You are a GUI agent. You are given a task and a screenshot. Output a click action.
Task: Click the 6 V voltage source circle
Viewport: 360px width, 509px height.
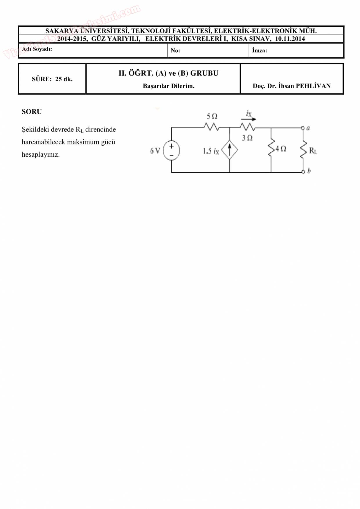(171, 151)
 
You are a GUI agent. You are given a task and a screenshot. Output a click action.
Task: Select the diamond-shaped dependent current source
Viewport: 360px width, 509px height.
(229, 150)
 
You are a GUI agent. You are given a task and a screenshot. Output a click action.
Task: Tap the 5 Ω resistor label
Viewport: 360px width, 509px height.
(212, 116)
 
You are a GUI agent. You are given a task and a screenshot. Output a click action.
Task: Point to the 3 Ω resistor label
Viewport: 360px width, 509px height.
(247, 138)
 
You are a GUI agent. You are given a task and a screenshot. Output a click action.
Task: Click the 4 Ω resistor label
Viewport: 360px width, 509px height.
(281, 149)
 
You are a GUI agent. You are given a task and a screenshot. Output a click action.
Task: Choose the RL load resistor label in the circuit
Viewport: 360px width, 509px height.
(313, 151)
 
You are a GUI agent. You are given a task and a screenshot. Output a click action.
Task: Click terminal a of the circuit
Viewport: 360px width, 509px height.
(303, 128)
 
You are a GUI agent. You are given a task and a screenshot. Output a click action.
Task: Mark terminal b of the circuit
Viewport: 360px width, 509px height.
(303, 172)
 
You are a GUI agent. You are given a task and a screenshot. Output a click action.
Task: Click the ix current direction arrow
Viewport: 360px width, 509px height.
(249, 119)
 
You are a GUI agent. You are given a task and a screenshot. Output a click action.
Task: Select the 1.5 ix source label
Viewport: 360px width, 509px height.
(211, 151)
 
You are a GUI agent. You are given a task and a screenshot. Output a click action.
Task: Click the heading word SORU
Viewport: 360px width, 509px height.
(32, 112)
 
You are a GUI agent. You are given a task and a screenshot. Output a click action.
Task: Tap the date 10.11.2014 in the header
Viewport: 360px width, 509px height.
(290, 39)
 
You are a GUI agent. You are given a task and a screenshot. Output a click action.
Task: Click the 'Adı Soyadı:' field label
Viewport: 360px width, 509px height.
(37, 49)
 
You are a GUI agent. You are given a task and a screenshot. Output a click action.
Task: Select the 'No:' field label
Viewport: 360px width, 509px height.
(175, 50)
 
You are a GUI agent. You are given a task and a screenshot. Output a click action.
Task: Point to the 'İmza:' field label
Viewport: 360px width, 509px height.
(260, 50)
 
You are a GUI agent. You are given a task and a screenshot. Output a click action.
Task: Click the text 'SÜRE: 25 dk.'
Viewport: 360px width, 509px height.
(52, 79)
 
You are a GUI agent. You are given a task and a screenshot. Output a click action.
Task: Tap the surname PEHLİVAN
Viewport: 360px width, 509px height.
(313, 86)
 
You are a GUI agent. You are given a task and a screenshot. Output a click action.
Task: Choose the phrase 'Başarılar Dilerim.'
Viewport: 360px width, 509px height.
(168, 86)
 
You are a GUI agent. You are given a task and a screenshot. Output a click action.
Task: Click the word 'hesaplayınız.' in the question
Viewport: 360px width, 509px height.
(41, 155)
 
